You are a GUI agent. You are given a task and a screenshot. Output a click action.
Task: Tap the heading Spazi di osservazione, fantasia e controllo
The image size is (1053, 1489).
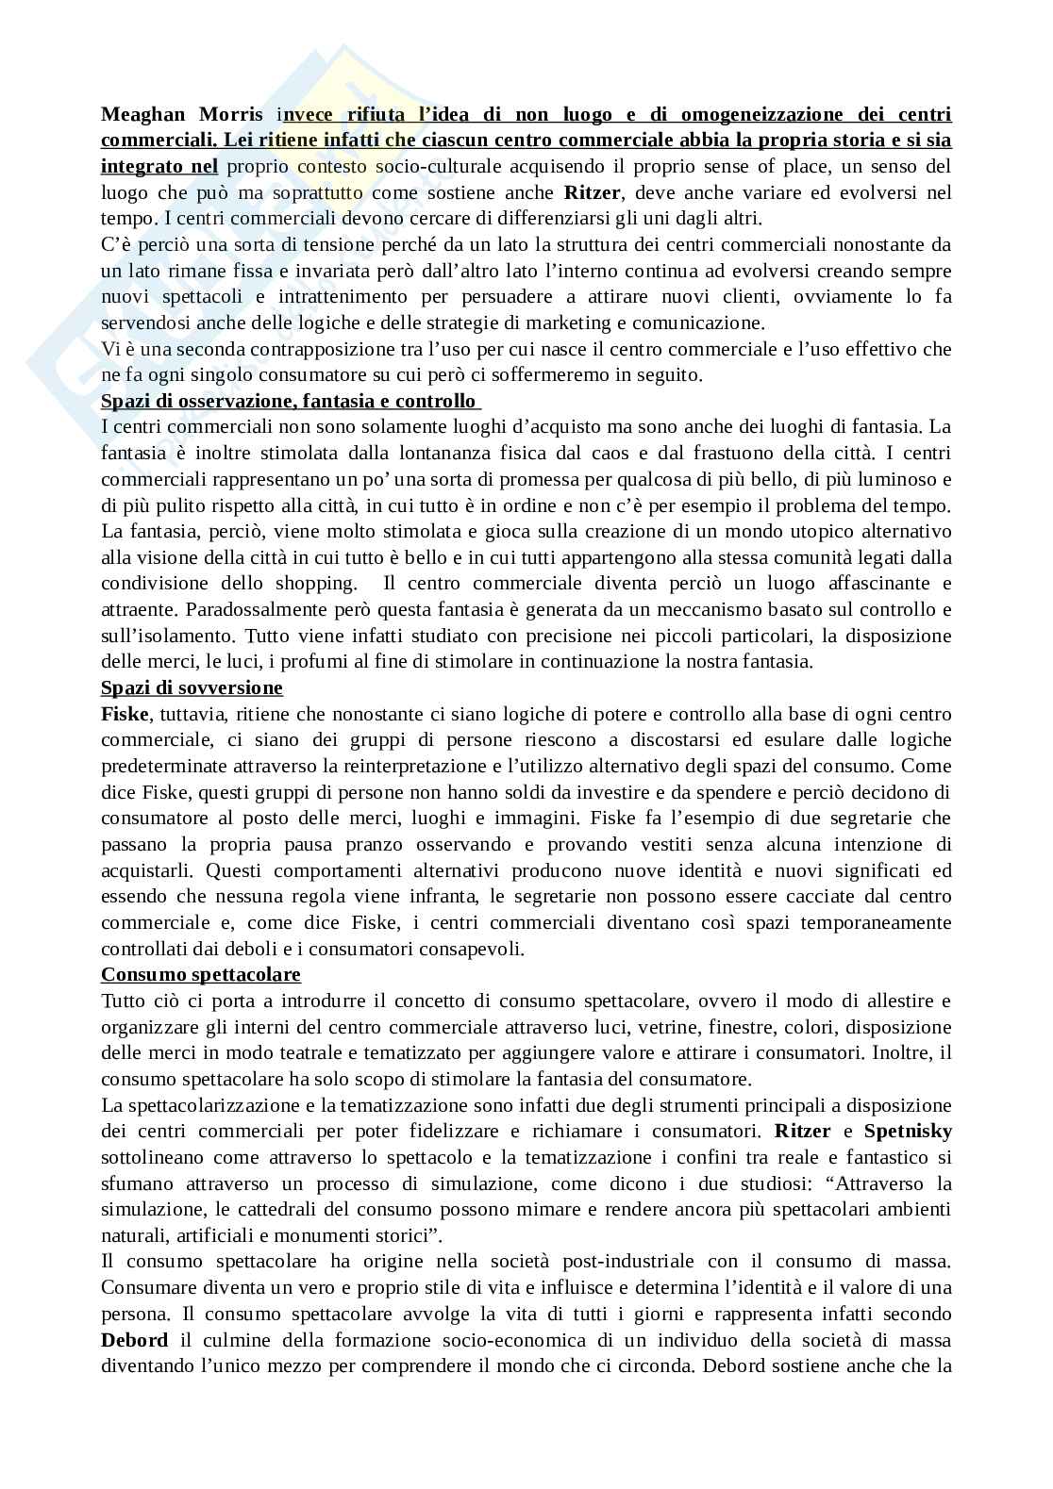point(288,402)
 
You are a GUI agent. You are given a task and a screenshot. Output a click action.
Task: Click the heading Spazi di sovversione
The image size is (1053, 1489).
point(192,688)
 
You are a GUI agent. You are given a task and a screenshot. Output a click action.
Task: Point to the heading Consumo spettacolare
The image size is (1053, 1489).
point(201,974)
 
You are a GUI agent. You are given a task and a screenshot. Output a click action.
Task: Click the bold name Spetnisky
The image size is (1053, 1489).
point(908,1132)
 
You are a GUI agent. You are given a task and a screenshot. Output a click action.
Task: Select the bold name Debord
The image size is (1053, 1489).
point(135,1340)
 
